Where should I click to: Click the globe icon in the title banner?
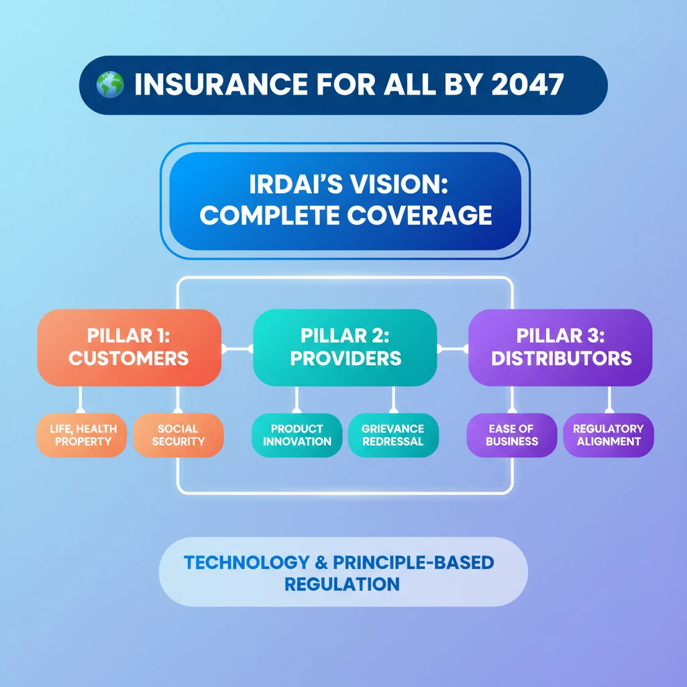pos(110,84)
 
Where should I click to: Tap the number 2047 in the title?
pos(527,84)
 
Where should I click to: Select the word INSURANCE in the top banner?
pos(221,84)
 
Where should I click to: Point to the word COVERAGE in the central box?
pos(419,215)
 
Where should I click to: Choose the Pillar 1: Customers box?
pos(129,348)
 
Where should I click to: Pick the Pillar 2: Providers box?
pos(345,348)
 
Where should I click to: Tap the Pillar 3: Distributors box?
pos(560,348)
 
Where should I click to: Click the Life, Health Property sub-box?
pos(82,435)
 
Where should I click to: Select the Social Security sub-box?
pos(178,435)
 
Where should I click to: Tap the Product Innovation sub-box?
pos(297,435)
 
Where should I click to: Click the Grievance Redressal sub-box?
pos(393,435)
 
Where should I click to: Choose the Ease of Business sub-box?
pos(512,435)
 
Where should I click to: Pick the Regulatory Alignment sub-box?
pos(609,435)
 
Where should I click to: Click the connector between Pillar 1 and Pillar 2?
pos(237,349)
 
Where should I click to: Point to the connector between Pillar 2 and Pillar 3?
pos(453,349)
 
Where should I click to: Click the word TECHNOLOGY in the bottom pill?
pos(247,563)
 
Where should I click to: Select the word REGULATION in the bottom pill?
pos(342,584)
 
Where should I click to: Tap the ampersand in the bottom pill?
pos(321,563)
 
